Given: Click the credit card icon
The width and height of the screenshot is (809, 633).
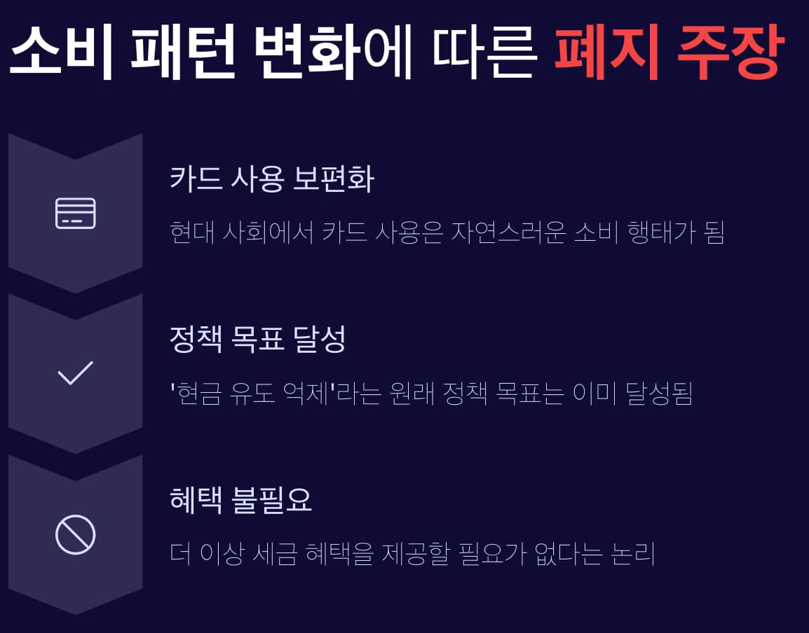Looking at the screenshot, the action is tap(75, 213).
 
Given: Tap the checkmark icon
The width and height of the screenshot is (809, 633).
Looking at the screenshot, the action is tap(75, 373).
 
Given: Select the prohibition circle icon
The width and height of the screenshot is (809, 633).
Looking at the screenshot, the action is tap(75, 535).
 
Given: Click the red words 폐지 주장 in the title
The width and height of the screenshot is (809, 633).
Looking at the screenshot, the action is tap(667, 51).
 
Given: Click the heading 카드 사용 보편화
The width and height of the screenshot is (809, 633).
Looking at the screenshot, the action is tap(272, 180).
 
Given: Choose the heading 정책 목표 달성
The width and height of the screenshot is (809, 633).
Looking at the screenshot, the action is tap(258, 340).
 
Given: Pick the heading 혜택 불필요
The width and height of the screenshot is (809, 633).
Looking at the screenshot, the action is tap(240, 501).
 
